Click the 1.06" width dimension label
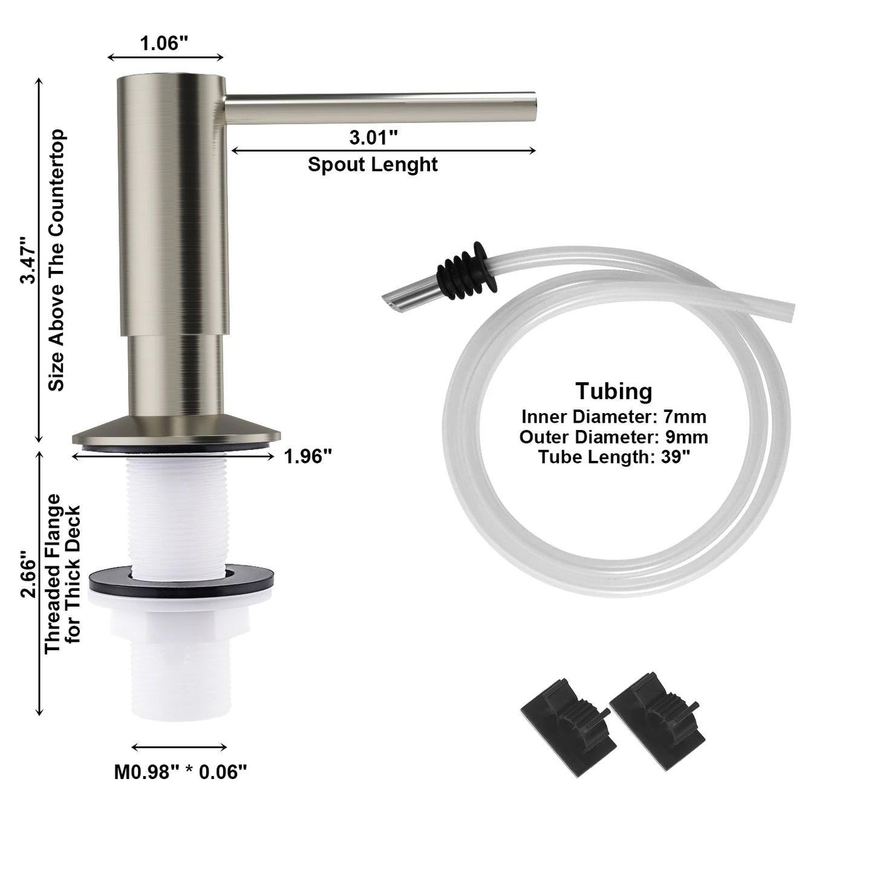164,43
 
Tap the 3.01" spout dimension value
373,137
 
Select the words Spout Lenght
373,165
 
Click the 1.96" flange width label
308,457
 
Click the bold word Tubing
613,391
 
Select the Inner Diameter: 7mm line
613,417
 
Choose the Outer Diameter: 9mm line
613,437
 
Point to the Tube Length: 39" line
613,457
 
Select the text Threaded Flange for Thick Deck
62,573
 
